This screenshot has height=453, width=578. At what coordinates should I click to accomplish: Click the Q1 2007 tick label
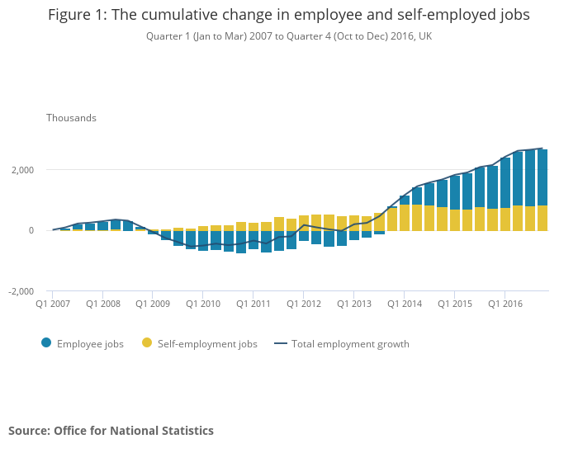(52, 304)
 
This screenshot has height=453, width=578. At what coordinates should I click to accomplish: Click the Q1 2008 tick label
(102, 304)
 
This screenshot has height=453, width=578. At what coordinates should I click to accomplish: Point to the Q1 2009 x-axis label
(153, 304)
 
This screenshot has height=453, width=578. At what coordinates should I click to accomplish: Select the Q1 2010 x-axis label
(203, 304)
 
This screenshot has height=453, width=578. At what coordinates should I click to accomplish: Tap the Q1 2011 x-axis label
(253, 304)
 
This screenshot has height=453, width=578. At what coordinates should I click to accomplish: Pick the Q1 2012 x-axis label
(304, 304)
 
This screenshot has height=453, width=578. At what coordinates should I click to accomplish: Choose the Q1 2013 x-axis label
(354, 304)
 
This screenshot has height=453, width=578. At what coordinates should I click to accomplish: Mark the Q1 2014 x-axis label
(405, 304)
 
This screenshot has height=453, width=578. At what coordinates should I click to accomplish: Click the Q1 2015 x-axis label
(455, 304)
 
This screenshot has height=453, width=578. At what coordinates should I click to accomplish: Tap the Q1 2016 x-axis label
(505, 304)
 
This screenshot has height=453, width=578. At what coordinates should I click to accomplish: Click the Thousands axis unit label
(71, 118)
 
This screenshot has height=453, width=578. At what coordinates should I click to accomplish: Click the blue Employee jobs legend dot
(45, 344)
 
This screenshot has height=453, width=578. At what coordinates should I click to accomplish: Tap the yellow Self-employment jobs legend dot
(147, 344)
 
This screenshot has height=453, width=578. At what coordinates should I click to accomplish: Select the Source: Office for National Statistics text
(111, 431)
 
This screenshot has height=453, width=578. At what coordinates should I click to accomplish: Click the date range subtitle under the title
(289, 36)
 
